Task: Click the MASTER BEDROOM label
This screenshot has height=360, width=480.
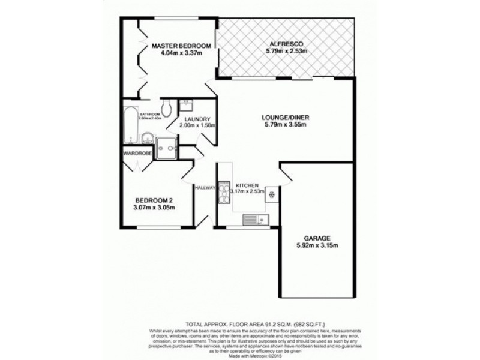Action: [x=181, y=46]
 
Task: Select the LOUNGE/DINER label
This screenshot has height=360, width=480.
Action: [x=286, y=117]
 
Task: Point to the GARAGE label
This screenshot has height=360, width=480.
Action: [x=317, y=238]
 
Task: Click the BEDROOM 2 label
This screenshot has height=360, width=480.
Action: [x=155, y=200]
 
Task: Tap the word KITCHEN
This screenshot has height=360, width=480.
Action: [x=247, y=185]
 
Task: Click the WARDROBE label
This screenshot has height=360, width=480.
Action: [x=137, y=153]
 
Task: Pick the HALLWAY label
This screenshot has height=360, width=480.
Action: [x=205, y=188]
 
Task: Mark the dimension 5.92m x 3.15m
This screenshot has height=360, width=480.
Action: [x=317, y=245]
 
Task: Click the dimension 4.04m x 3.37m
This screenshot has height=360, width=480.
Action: [x=181, y=53]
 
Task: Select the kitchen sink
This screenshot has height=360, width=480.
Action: [x=254, y=220]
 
